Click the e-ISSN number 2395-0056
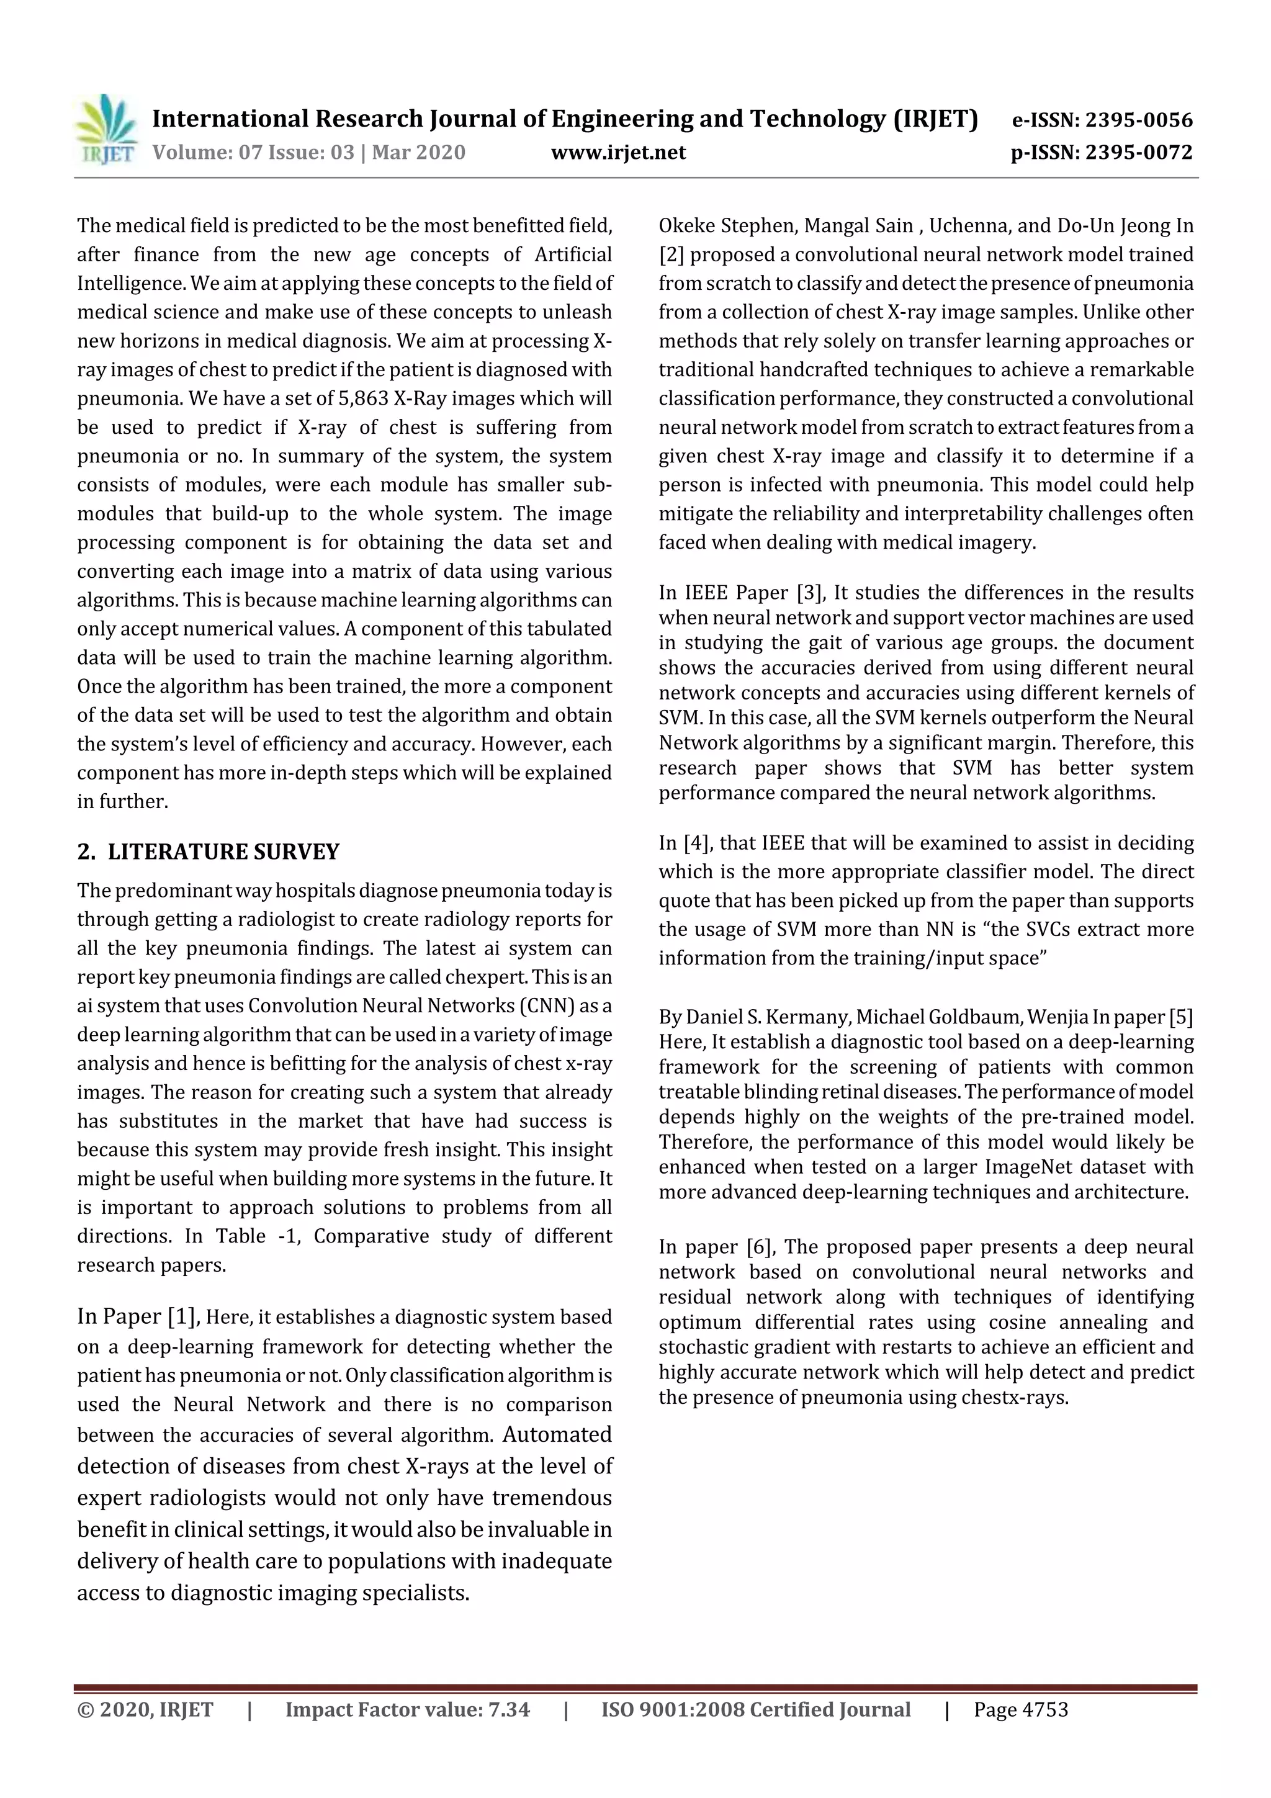(x=1139, y=120)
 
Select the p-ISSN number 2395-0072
(x=1139, y=152)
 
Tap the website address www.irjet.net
(x=618, y=152)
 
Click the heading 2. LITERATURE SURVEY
(x=209, y=852)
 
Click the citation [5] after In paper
(x=1180, y=1017)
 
